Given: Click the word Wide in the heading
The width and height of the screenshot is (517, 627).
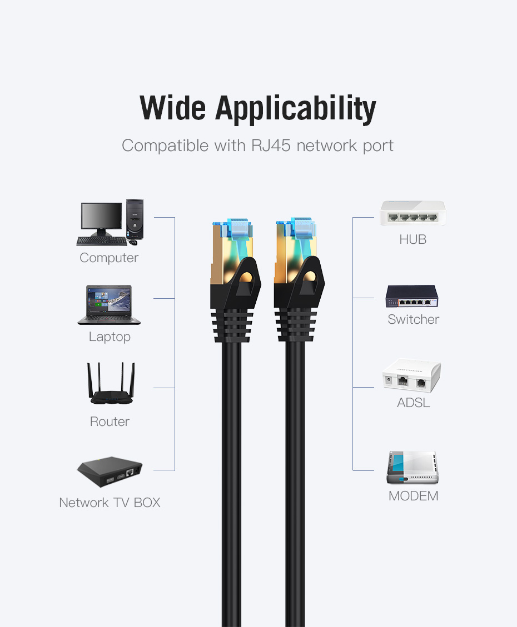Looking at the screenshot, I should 172,108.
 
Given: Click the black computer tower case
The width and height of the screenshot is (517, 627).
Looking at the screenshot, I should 135,219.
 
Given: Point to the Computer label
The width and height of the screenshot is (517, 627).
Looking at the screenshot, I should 109,258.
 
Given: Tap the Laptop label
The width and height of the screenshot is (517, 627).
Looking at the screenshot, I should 110,337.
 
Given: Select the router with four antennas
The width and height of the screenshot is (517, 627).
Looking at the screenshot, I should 111,384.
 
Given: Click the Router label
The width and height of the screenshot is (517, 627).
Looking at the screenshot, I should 110,422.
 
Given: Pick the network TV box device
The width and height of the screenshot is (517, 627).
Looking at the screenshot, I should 110,473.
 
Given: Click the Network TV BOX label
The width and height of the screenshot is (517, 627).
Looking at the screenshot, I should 110,503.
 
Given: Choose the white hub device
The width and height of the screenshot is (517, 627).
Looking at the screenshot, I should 412,213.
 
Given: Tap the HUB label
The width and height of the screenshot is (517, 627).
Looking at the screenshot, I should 412,240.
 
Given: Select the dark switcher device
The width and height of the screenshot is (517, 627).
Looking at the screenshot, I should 412,297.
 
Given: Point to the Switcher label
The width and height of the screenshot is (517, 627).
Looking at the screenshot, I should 413,319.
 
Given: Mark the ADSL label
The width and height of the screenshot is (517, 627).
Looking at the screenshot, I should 413,403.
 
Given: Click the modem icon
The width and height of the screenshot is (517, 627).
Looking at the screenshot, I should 412,468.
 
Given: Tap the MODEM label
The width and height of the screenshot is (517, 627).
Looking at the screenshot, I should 413,496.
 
